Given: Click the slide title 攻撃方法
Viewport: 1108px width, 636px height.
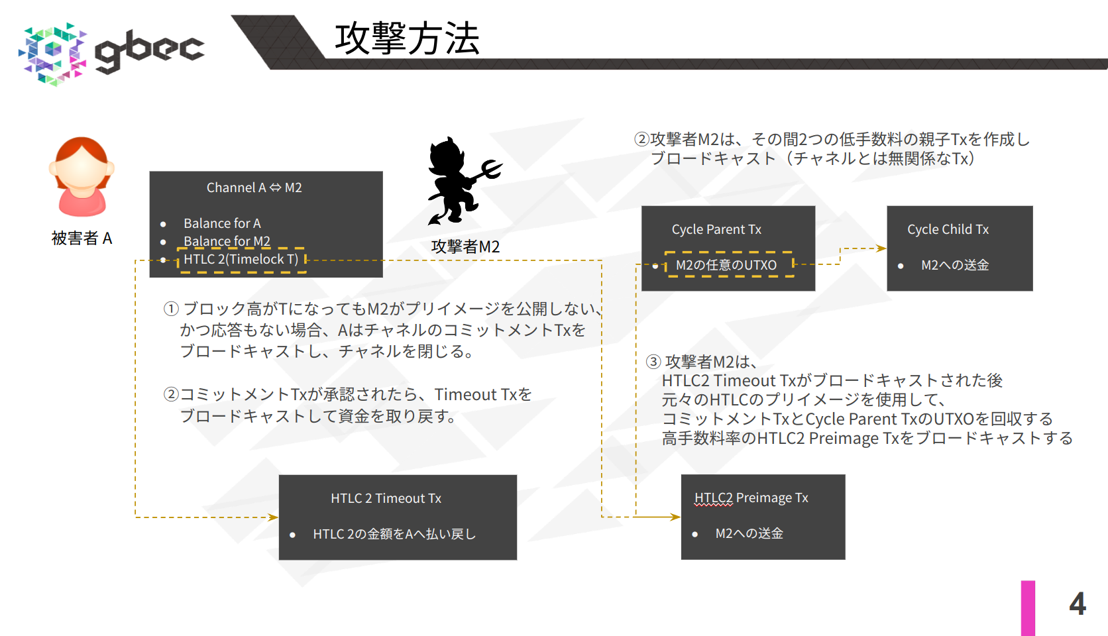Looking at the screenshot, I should coord(407,38).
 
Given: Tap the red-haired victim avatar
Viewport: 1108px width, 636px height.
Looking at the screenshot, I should coord(82,176).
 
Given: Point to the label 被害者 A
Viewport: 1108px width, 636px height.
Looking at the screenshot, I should coord(82,238).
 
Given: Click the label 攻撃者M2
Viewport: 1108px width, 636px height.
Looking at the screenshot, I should coord(465,246).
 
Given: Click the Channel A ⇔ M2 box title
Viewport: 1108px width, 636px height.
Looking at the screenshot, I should coord(254,188).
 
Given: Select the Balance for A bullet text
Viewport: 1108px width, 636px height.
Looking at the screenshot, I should coord(222,223).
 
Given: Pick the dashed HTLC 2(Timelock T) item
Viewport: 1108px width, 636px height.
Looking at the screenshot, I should coord(241,260).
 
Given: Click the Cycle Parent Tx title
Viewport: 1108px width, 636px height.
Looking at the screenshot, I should coord(716,229).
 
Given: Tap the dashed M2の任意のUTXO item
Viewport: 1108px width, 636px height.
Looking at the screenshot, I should coord(726,265).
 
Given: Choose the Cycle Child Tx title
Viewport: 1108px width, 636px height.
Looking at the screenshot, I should coord(948,229).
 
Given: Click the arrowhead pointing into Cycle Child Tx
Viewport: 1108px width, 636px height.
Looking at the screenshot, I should coord(882,248).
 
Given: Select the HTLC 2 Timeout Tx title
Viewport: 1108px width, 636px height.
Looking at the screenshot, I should coord(386,498).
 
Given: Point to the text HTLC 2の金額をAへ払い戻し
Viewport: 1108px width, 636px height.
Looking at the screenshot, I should coord(394,534).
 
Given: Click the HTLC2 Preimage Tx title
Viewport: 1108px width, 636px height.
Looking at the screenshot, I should coord(751,498).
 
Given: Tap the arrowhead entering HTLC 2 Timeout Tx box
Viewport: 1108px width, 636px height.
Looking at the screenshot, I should coord(273,517).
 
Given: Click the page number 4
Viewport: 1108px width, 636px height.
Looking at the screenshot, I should coord(1077,604).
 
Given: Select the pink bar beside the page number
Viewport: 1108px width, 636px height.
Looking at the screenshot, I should coord(1028,608).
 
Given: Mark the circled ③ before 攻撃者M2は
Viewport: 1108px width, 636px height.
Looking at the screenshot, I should coord(653,362).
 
